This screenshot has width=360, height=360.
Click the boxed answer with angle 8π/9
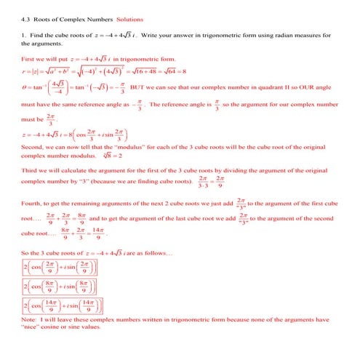pos(63,286)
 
